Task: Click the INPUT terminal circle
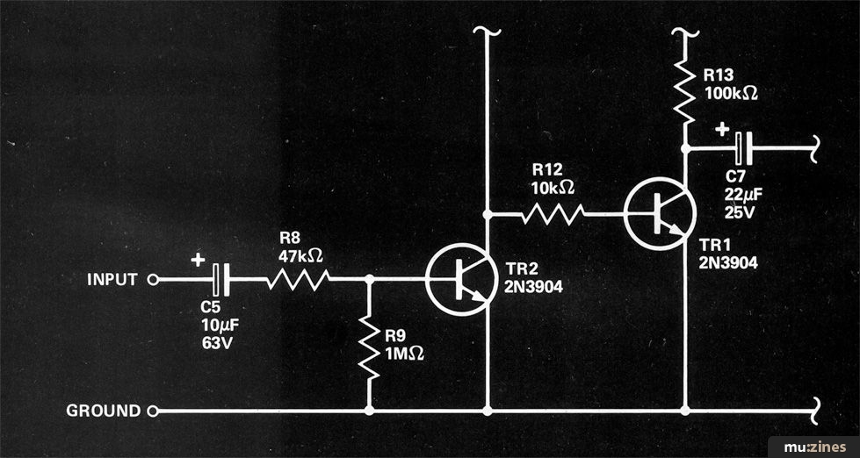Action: (153, 280)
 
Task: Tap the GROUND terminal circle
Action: (153, 411)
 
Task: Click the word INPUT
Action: (112, 280)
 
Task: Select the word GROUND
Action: (104, 411)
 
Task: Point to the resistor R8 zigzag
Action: (298, 279)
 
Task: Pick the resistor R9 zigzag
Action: (370, 347)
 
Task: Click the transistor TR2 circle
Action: (461, 280)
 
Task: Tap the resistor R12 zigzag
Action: (553, 214)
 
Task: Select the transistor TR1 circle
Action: (660, 214)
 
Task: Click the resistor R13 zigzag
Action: (684, 91)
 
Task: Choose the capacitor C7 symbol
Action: (744, 148)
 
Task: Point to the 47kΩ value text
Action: (300, 256)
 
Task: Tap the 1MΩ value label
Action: (404, 354)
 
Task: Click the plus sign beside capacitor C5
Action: (198, 260)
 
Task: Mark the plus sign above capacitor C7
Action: (722, 130)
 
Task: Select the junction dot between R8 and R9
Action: (370, 279)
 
